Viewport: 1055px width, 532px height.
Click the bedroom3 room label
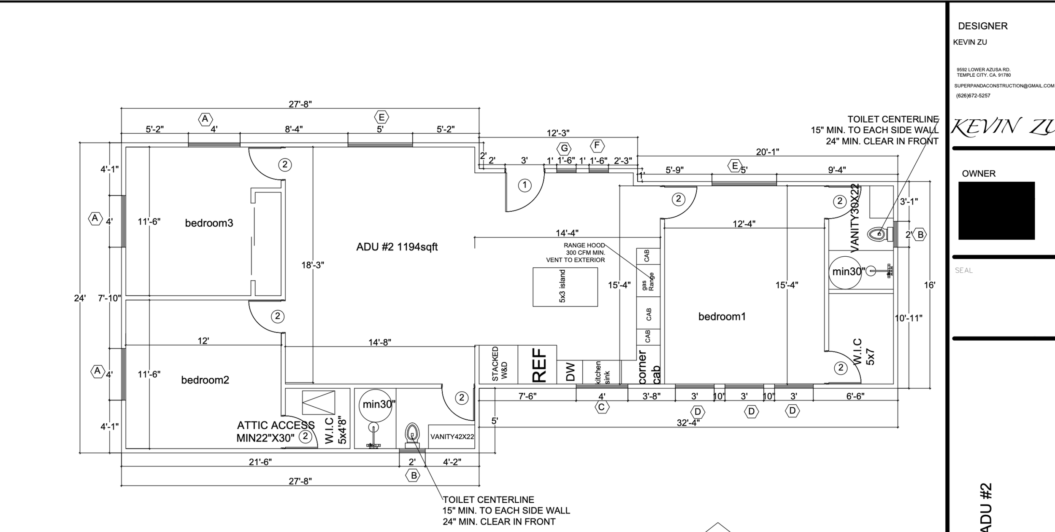click(x=209, y=223)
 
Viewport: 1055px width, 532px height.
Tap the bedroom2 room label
click(x=205, y=380)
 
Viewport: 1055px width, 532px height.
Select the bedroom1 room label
click(x=722, y=317)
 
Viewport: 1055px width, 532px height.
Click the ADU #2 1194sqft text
click(x=397, y=247)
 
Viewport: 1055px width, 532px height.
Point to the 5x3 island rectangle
click(x=565, y=287)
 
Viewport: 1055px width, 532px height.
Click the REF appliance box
click(x=537, y=365)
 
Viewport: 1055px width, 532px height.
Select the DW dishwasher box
click(x=570, y=372)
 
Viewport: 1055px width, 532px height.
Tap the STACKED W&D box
click(x=498, y=365)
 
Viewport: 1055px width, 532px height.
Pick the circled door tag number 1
click(x=525, y=185)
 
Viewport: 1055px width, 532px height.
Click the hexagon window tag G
click(x=564, y=148)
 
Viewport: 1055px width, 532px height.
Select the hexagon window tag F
click(x=597, y=146)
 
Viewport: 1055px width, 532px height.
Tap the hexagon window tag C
click(x=602, y=407)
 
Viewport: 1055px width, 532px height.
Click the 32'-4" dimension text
click(x=688, y=423)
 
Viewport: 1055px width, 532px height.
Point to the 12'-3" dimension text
click(x=558, y=133)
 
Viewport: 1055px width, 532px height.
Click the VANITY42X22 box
click(x=452, y=437)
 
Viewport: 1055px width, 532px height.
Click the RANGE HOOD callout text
click(x=584, y=245)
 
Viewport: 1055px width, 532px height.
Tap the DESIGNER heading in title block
click(x=983, y=26)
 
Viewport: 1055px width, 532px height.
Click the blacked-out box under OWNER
click(x=997, y=211)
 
